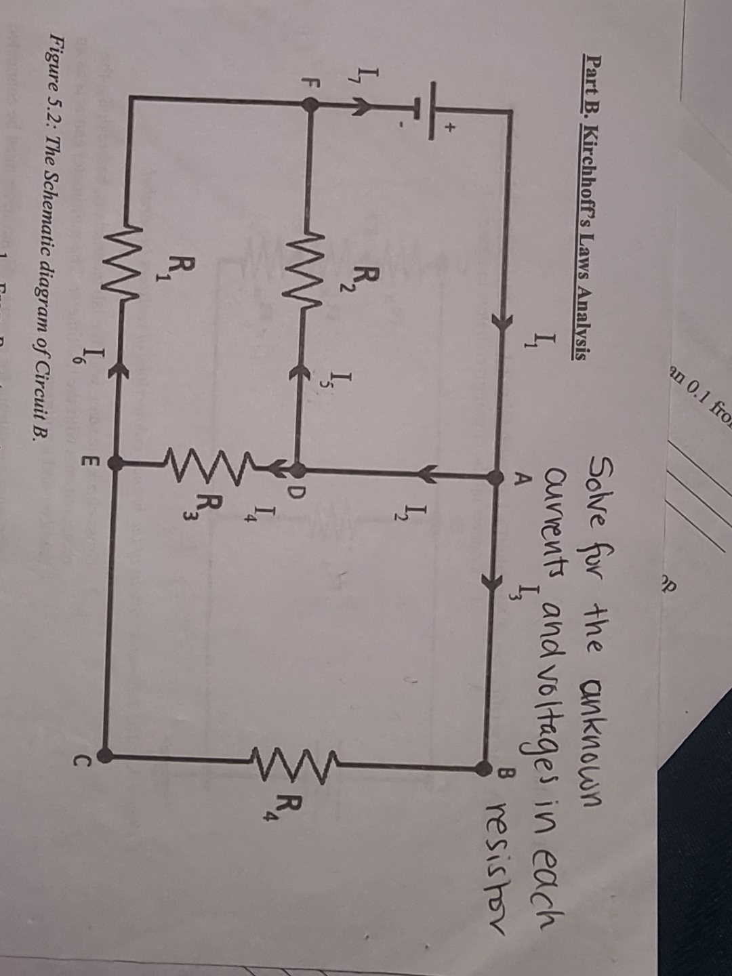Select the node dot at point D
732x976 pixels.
tap(296, 468)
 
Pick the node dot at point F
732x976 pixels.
tap(310, 104)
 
